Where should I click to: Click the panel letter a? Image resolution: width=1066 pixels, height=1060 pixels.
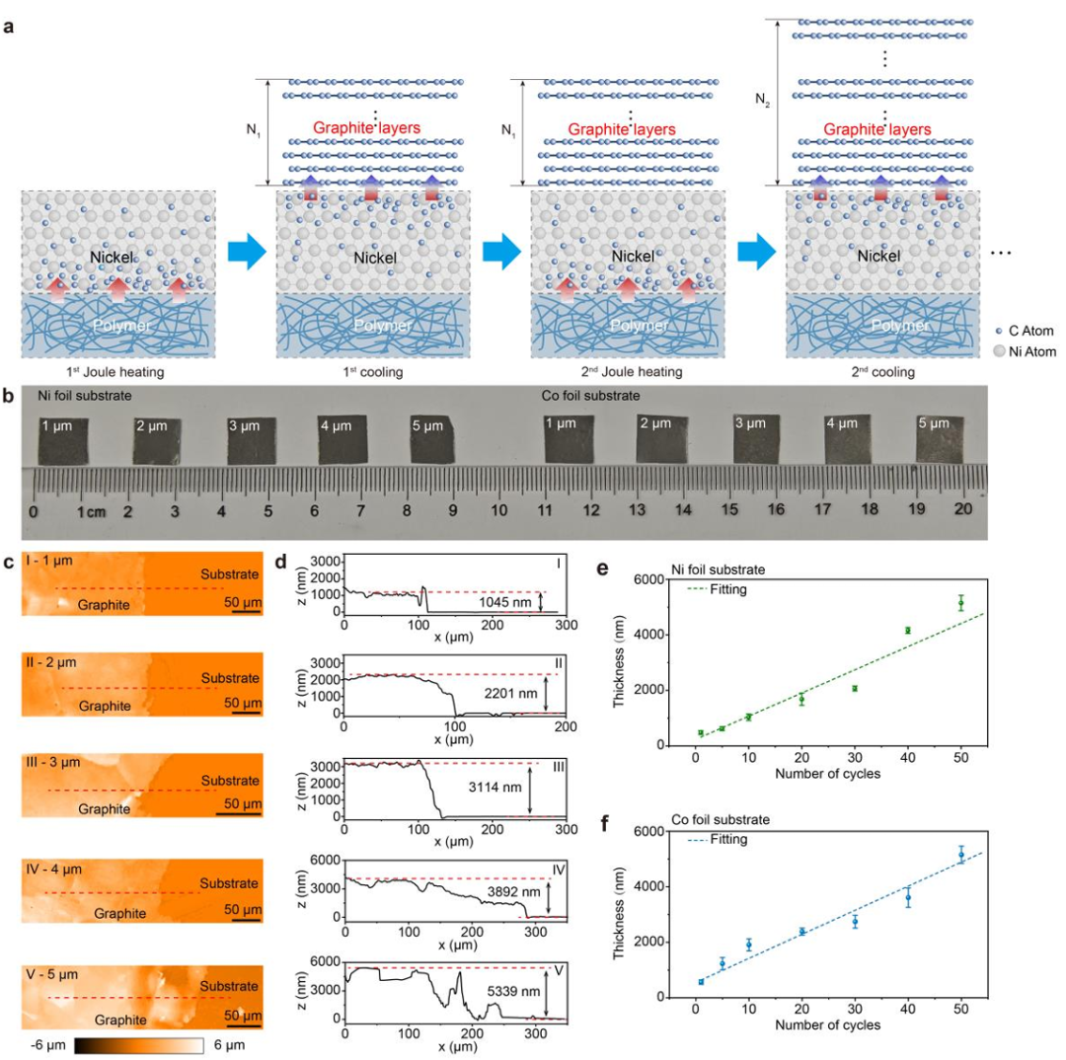(x=9, y=27)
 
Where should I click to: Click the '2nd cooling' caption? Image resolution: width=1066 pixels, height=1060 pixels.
(x=880, y=376)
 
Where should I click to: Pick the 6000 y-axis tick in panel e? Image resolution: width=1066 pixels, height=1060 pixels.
(x=648, y=579)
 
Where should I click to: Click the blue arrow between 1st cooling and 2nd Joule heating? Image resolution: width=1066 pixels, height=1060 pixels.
(x=501, y=253)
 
